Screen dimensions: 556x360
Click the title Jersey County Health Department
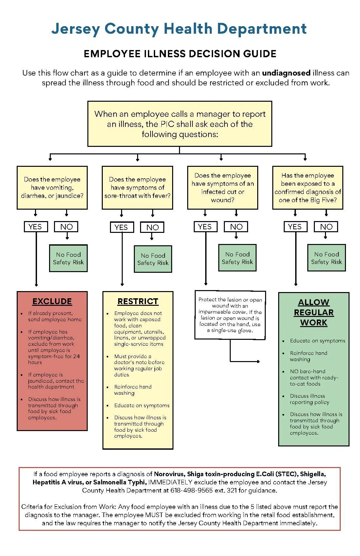click(x=179, y=29)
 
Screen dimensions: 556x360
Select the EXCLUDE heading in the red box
click(x=52, y=301)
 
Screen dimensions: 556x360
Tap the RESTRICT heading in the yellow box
click(x=138, y=301)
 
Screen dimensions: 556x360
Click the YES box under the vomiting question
click(x=35, y=227)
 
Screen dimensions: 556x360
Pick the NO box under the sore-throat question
click(x=153, y=227)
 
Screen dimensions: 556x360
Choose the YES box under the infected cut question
click(x=205, y=227)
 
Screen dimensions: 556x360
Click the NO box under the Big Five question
click(x=326, y=227)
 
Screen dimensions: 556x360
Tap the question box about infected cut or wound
click(x=223, y=188)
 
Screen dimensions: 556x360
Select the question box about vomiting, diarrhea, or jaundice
click(x=52, y=188)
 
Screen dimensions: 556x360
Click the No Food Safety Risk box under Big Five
click(x=326, y=258)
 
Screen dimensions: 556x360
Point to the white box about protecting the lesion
click(x=230, y=315)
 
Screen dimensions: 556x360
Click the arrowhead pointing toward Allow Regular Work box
click(x=258, y=361)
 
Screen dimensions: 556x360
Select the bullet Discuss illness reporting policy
click(x=309, y=399)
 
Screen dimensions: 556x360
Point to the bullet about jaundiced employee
click(x=56, y=381)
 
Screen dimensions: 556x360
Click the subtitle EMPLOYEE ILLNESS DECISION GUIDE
click(x=180, y=54)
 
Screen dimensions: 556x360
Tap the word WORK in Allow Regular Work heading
click(x=314, y=322)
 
